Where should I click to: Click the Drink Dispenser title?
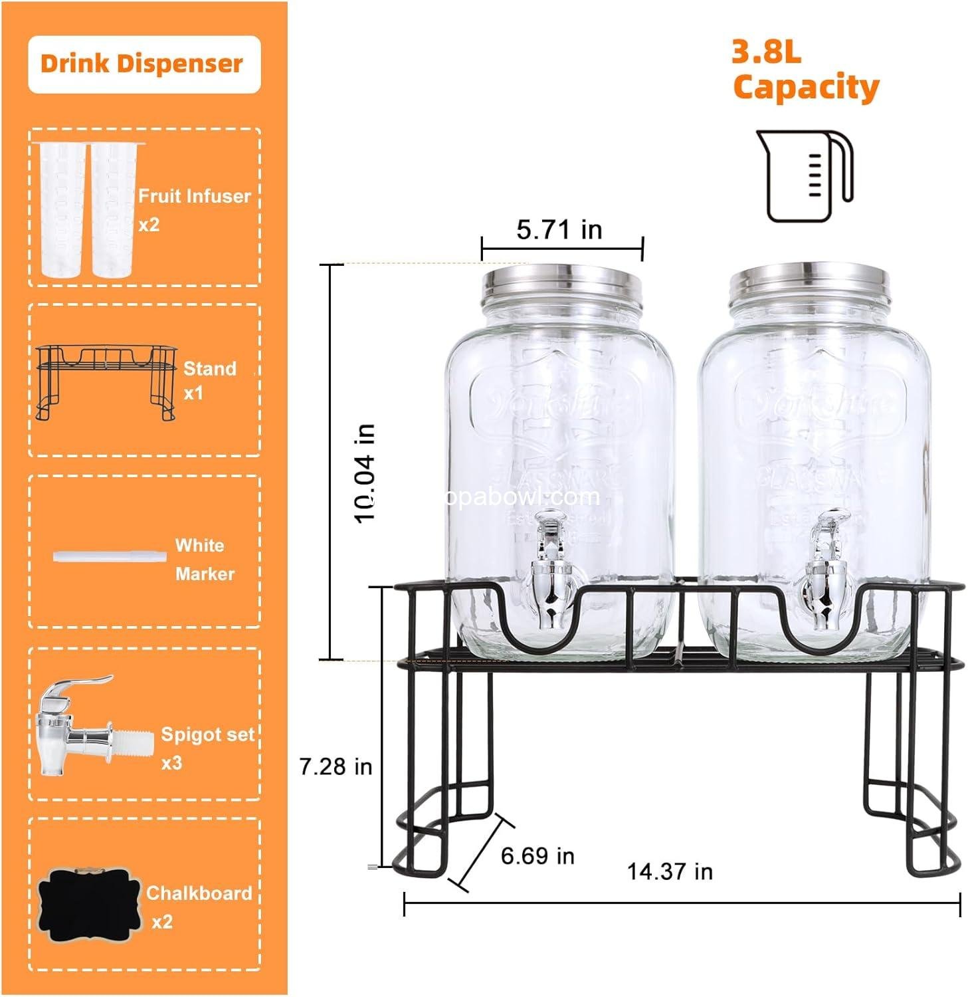pos(142,64)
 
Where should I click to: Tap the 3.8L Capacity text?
pos(805,70)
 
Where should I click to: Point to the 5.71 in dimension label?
pos(559,230)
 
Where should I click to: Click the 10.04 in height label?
pos(365,473)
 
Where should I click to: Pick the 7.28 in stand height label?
pos(336,766)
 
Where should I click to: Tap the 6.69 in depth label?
pos(537,855)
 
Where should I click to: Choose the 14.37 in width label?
pos(669,871)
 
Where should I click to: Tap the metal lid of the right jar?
pos(809,279)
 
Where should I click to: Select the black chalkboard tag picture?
pos(91,906)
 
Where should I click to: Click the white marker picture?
pos(110,555)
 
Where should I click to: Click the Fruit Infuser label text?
pos(194,196)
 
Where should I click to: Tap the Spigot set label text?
pos(207,734)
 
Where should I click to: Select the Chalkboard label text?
pos(199,893)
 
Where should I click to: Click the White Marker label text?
pos(204,559)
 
